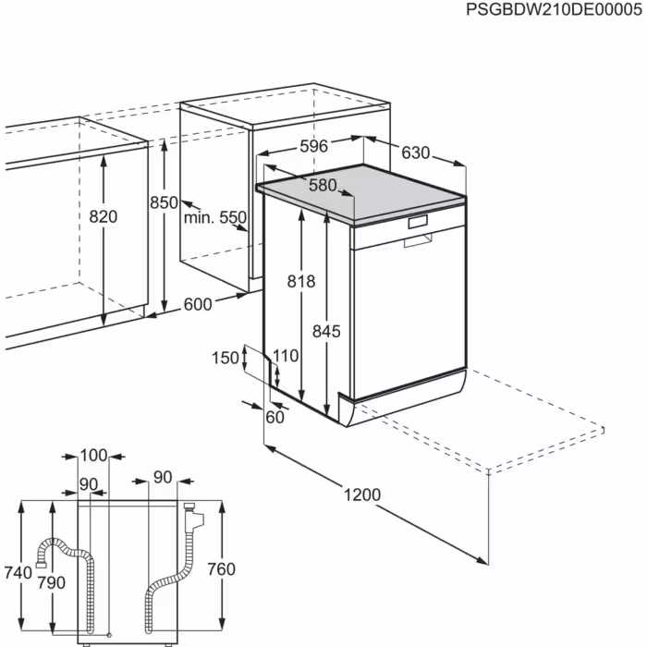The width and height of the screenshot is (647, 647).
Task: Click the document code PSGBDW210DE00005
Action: [x=555, y=10]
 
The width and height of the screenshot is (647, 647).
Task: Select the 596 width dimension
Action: [x=314, y=146]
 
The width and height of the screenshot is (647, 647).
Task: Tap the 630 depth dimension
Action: [x=417, y=153]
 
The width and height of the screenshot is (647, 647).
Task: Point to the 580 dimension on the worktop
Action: [x=323, y=185]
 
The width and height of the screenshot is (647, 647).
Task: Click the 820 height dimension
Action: [x=104, y=216]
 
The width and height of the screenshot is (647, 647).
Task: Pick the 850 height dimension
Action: [x=164, y=202]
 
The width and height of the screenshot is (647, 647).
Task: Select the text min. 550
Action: [x=214, y=218]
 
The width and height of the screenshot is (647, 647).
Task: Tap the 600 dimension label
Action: [x=198, y=304]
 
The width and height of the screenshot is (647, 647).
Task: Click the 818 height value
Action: [x=301, y=282]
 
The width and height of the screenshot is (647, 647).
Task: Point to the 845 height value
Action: [x=326, y=331]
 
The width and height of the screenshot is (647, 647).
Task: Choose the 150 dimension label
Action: [x=225, y=358]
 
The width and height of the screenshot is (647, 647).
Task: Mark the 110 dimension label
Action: [x=286, y=355]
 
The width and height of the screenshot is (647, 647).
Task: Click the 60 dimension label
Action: [x=275, y=417]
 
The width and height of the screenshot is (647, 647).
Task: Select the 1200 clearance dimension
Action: [x=361, y=495]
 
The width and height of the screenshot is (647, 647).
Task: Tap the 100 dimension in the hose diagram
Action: [x=93, y=455]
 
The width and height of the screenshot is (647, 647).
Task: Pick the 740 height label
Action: [x=18, y=573]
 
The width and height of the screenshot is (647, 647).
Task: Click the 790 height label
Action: [x=52, y=582]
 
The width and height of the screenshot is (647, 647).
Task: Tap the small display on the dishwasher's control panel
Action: [x=418, y=222]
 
